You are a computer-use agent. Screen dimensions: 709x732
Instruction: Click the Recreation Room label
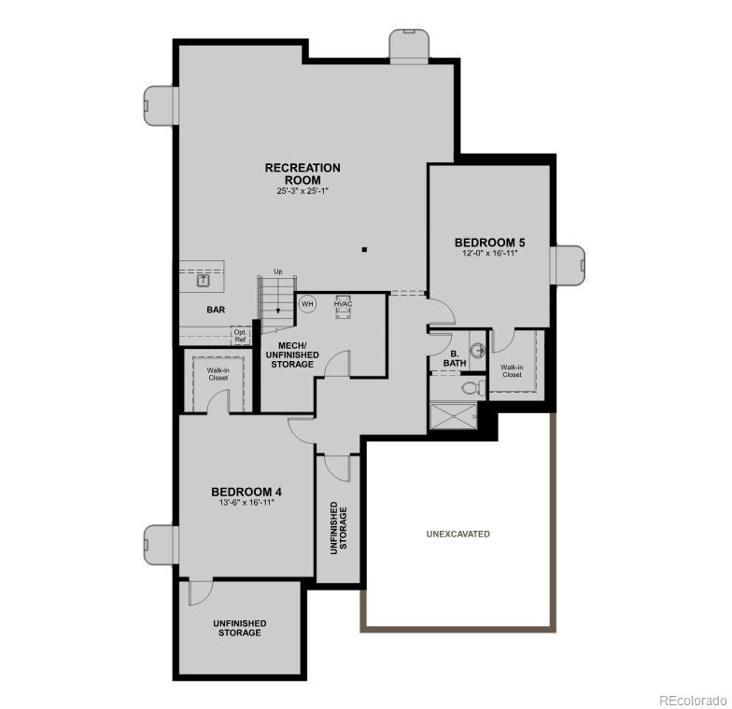303,174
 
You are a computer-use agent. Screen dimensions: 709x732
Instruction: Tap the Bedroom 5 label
489,240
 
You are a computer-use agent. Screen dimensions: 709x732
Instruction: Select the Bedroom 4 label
246,492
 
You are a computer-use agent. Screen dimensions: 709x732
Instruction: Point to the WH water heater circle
307,303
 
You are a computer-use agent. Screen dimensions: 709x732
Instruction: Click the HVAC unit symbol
343,309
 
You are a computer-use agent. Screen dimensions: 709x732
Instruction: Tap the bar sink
203,279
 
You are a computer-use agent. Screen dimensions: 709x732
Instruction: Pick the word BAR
217,310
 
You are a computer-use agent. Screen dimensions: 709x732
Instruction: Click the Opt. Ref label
241,336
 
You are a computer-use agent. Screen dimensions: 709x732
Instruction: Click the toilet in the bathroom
471,386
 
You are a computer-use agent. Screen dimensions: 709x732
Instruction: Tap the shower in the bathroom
453,415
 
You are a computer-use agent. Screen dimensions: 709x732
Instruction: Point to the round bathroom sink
477,351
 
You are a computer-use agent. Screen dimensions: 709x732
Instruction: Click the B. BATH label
453,358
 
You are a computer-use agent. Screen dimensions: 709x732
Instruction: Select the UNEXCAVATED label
458,534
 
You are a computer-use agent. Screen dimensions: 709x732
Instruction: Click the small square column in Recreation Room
364,249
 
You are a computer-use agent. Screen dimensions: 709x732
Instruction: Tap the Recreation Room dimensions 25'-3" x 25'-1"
303,191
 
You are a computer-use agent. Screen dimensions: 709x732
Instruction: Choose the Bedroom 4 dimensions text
246,504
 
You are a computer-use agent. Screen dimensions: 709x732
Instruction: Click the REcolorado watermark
692,700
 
